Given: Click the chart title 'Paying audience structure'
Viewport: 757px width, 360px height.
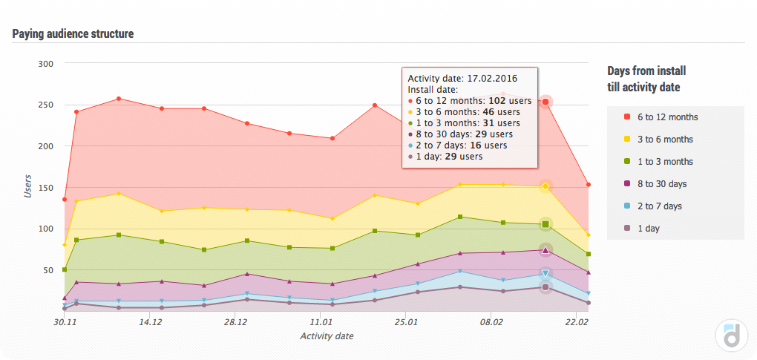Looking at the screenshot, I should (73, 34).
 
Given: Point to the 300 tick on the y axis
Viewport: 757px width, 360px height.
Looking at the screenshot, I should (45, 64).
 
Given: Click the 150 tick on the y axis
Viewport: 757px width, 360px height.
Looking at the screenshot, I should (45, 188).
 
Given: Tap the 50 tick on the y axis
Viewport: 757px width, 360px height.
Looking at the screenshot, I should (47, 270).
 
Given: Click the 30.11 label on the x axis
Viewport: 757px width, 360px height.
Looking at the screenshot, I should (65, 323).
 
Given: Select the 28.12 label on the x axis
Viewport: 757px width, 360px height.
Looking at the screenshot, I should (235, 323).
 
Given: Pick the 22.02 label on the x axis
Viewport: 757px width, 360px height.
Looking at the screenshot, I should (577, 323).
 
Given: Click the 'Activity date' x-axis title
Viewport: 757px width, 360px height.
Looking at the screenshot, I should (327, 336).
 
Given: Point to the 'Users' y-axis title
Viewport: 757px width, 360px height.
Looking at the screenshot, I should (27, 184).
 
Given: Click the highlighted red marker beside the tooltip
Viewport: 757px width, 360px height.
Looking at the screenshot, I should (545, 102).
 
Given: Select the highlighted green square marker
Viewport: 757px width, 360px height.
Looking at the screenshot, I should (545, 224).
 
